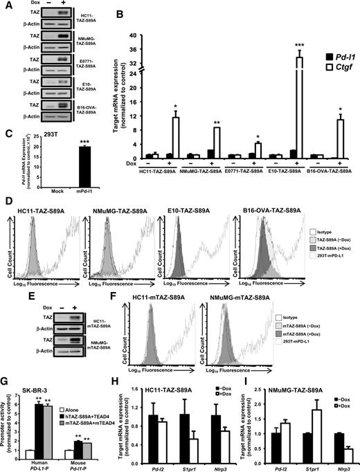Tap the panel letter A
point(6,6)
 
